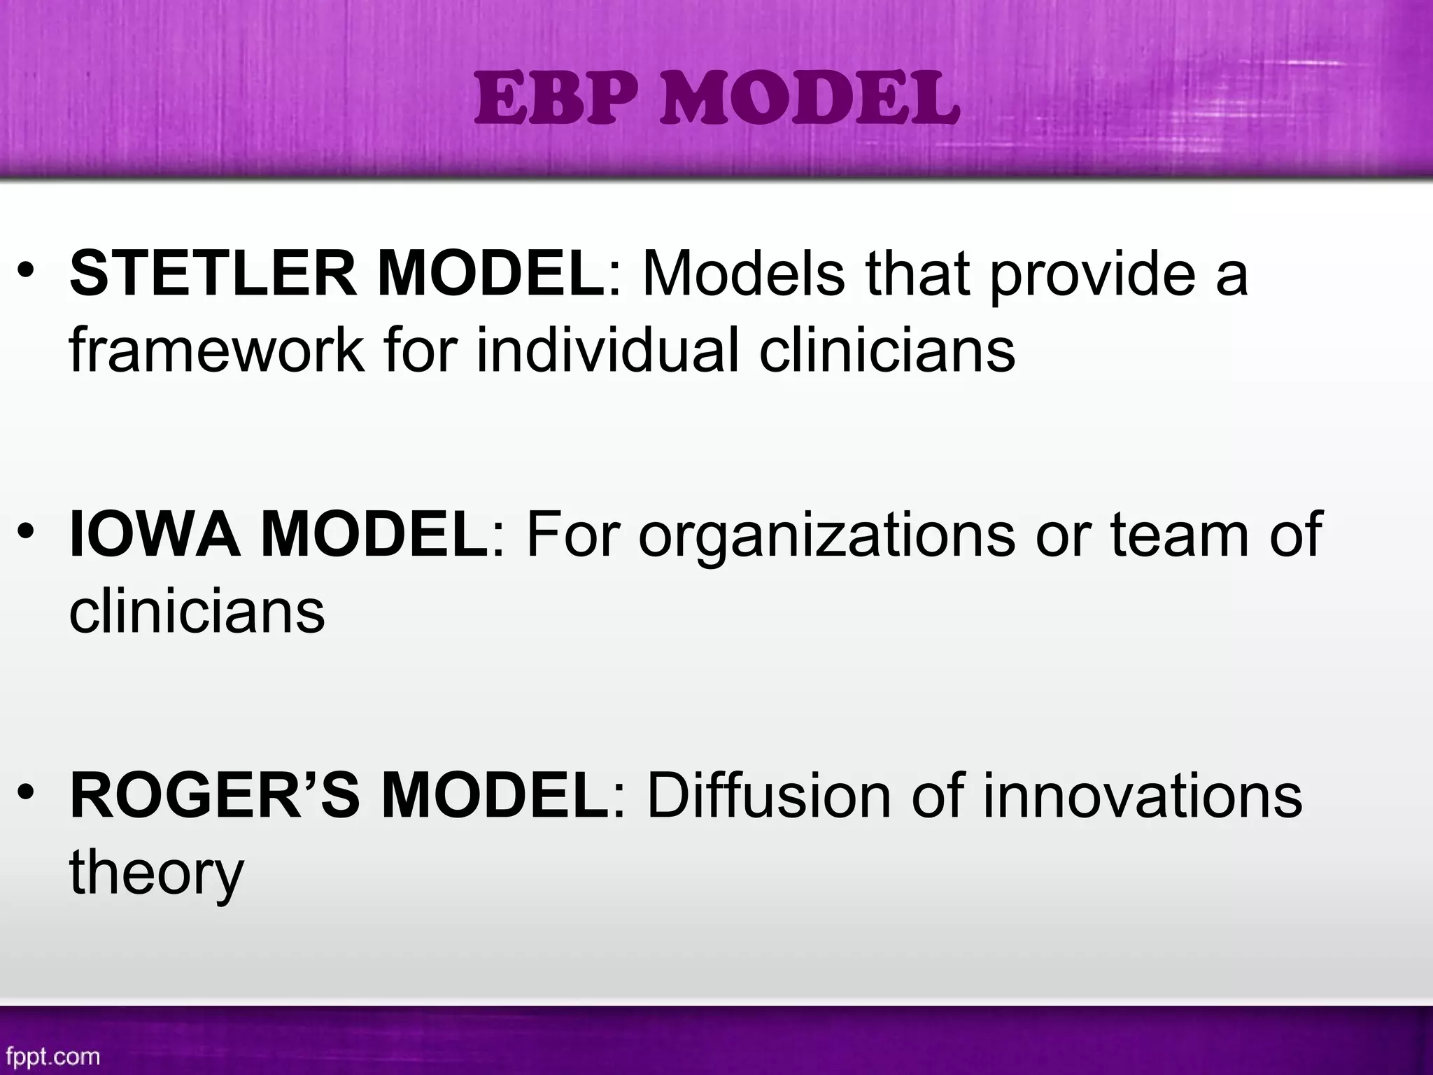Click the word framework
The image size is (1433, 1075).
(217, 350)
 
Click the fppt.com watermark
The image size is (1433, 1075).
(52, 1055)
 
